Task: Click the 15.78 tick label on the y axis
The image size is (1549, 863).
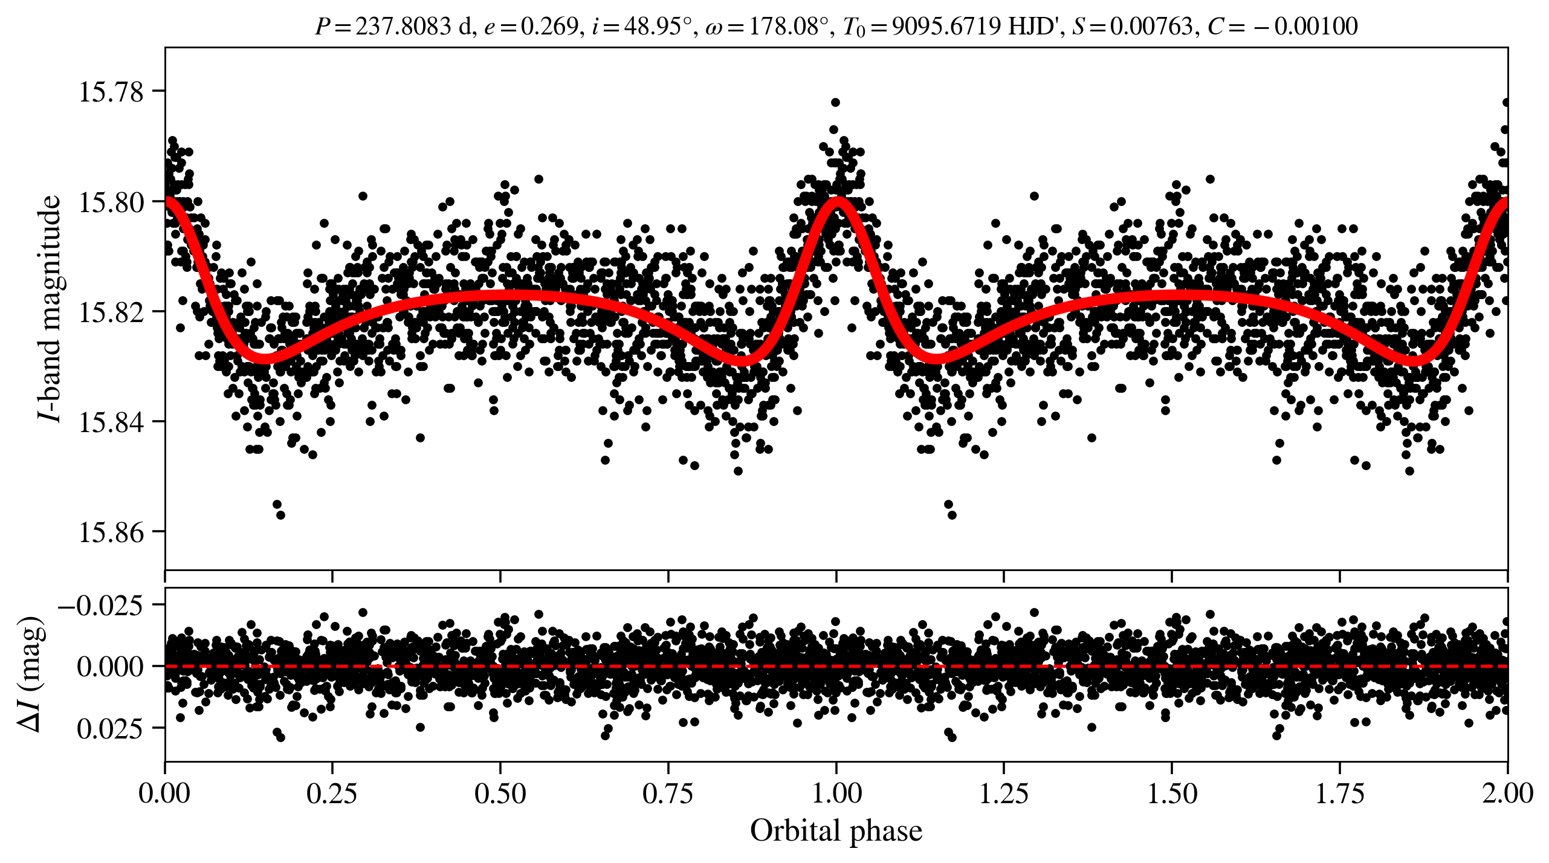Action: tap(111, 92)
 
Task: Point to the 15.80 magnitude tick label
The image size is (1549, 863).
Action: tap(111, 202)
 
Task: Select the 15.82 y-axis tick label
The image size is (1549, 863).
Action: tap(111, 312)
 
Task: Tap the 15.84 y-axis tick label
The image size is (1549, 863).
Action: tap(111, 422)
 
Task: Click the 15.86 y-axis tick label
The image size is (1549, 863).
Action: tap(111, 532)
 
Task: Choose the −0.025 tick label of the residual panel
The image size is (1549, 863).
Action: tap(101, 604)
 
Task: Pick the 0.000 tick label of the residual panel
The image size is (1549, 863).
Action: tap(111, 667)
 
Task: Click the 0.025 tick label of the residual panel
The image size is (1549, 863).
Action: tap(111, 729)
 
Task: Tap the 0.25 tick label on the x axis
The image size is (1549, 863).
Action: tap(332, 793)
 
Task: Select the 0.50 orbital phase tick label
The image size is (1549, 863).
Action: tap(500, 793)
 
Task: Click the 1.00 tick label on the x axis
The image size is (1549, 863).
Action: tap(836, 793)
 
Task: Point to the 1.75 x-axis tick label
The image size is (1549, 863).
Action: tap(1340, 793)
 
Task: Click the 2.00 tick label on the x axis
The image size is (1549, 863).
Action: tap(1507, 793)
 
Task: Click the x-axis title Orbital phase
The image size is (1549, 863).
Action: tap(836, 831)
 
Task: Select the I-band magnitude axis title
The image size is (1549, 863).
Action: tap(50, 308)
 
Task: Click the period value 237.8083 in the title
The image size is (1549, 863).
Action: tap(403, 27)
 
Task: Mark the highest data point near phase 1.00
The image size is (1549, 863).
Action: tap(835, 102)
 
